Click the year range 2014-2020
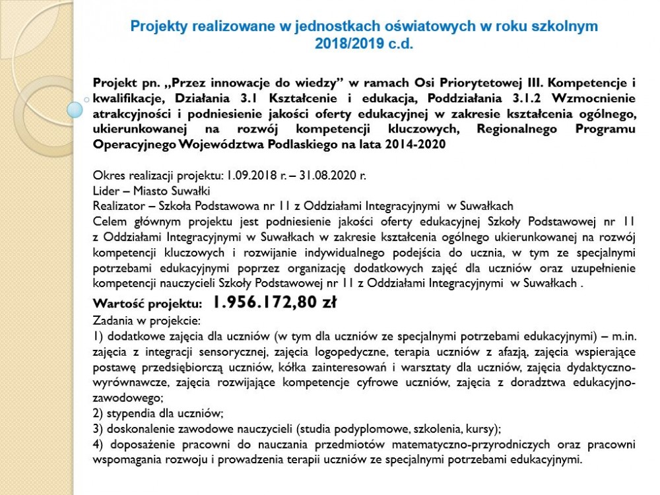point(414,143)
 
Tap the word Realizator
point(119,205)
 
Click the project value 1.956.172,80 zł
point(275,303)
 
